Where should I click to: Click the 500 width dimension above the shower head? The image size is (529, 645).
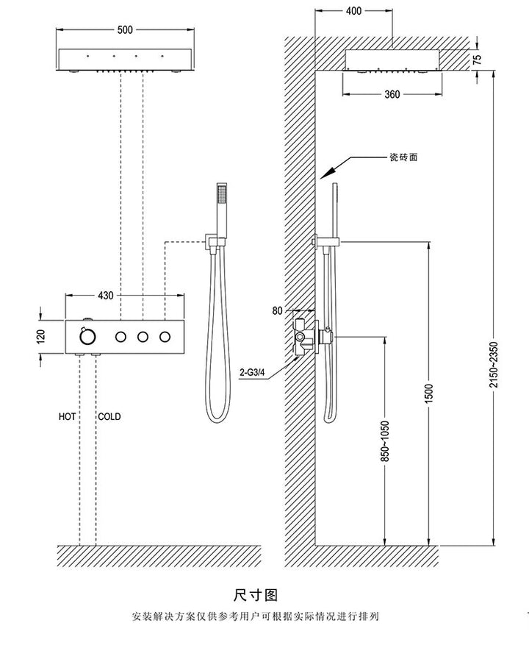point(124,30)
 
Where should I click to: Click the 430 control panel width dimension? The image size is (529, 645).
point(106,296)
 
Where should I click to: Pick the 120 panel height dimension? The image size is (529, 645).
point(41,336)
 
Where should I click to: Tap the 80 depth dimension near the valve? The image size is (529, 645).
point(277,311)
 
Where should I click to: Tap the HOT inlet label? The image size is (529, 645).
point(68,417)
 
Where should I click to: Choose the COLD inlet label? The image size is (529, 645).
point(109,417)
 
